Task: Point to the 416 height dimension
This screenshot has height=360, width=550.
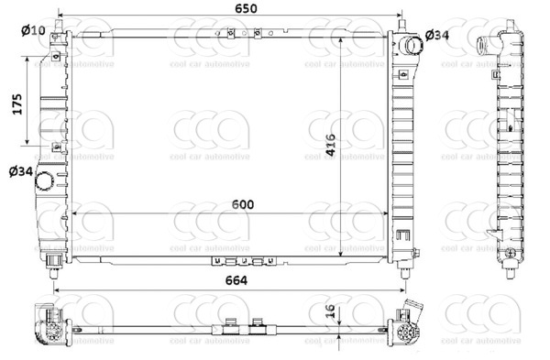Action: click(331, 147)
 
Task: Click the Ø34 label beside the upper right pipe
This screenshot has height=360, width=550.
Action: click(437, 36)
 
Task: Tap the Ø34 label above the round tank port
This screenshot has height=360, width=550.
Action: click(20, 170)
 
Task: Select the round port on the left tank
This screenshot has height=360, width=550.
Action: click(42, 183)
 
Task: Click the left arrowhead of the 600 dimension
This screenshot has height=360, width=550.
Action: click(75, 212)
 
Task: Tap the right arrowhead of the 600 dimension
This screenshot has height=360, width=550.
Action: click(387, 212)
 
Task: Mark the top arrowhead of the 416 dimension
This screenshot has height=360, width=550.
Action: click(343, 38)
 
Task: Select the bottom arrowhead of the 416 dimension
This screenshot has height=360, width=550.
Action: click(343, 256)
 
